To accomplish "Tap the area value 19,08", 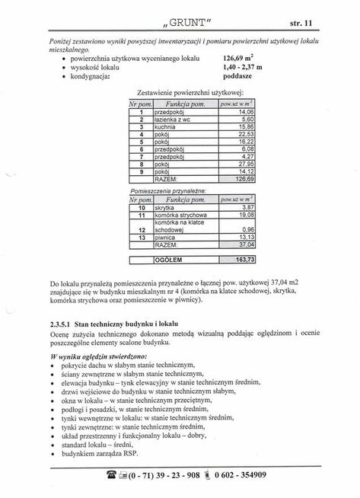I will pos(244,215).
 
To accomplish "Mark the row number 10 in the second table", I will pos(142,207).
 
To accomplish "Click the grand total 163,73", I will pos(242,259).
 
